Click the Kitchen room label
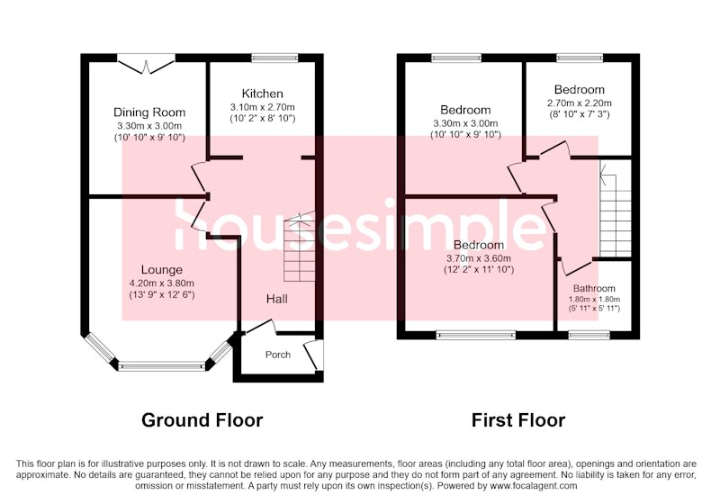pyautogui.click(x=262, y=94)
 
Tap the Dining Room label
pyautogui.click(x=149, y=112)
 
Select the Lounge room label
pyautogui.click(x=162, y=270)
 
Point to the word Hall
pyautogui.click(x=277, y=300)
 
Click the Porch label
pyautogui.click(x=278, y=355)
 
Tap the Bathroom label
pyautogui.click(x=594, y=288)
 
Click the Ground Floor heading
pyautogui.click(x=202, y=420)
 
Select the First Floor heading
pyautogui.click(x=518, y=420)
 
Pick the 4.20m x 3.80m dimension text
pyautogui.click(x=162, y=283)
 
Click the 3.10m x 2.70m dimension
pyautogui.click(x=262, y=107)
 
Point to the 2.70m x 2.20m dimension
pyautogui.click(x=579, y=103)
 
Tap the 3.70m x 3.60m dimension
pyautogui.click(x=479, y=258)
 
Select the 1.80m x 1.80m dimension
pyautogui.click(x=594, y=300)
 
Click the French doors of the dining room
pyautogui.click(x=147, y=64)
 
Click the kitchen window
pyautogui.click(x=275, y=58)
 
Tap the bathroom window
pyautogui.click(x=589, y=335)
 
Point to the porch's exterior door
pyautogui.click(x=313, y=355)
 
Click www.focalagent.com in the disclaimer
pyautogui.click(x=533, y=486)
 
